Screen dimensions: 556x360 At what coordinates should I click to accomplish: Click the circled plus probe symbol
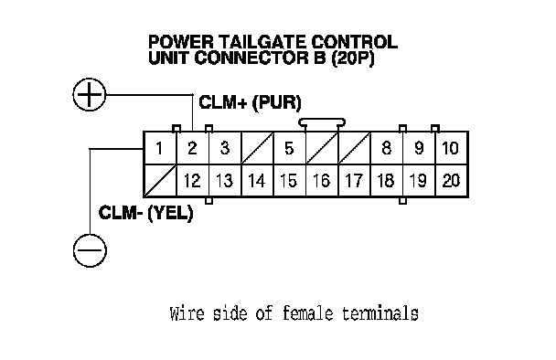click(90, 95)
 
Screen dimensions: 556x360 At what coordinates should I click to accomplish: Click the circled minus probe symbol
click(90, 250)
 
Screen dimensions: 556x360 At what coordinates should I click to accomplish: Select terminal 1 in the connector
click(160, 148)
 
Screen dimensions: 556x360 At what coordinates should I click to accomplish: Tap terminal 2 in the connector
click(193, 148)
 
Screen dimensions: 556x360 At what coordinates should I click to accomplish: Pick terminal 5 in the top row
click(289, 148)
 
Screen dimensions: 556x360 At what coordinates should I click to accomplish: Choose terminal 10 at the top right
click(451, 148)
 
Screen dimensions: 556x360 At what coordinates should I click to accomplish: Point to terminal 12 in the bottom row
click(193, 180)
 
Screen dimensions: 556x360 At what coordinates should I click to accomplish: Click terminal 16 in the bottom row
click(322, 180)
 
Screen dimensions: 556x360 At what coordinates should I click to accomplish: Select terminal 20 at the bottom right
click(451, 180)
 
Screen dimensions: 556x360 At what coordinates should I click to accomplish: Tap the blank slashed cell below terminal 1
click(160, 180)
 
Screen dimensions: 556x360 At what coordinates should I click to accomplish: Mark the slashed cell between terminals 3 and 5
click(258, 148)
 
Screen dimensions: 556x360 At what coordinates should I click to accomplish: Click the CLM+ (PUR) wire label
click(250, 102)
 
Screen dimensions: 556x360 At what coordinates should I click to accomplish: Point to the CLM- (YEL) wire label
click(145, 213)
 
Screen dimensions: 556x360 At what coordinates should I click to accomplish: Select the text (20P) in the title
click(353, 58)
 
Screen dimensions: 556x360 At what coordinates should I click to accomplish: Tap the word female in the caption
click(308, 313)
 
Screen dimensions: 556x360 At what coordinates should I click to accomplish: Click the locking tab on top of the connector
click(322, 122)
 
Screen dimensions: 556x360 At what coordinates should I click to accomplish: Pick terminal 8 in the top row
click(387, 148)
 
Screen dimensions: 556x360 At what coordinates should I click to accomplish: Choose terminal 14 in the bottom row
click(258, 180)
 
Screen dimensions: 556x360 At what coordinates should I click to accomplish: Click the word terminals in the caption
click(380, 313)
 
